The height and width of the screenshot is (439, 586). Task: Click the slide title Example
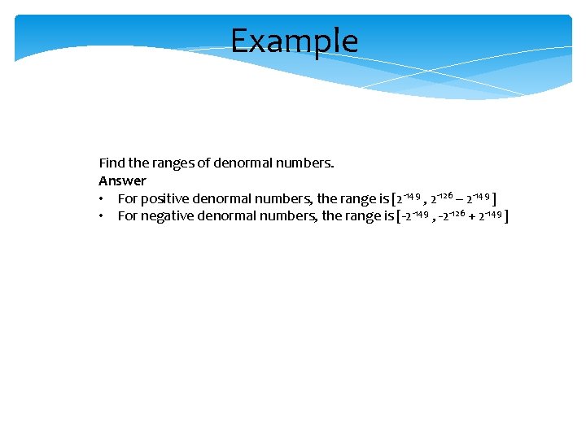point(294,41)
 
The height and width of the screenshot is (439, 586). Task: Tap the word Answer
point(122,180)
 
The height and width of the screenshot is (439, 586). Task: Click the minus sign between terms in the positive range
point(461,198)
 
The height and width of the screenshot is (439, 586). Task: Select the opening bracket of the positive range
point(394,198)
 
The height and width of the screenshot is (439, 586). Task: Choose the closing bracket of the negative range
point(506,216)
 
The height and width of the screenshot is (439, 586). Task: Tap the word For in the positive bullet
point(128,198)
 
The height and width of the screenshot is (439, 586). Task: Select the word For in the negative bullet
point(128,216)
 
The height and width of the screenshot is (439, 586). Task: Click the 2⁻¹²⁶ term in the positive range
point(443,198)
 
